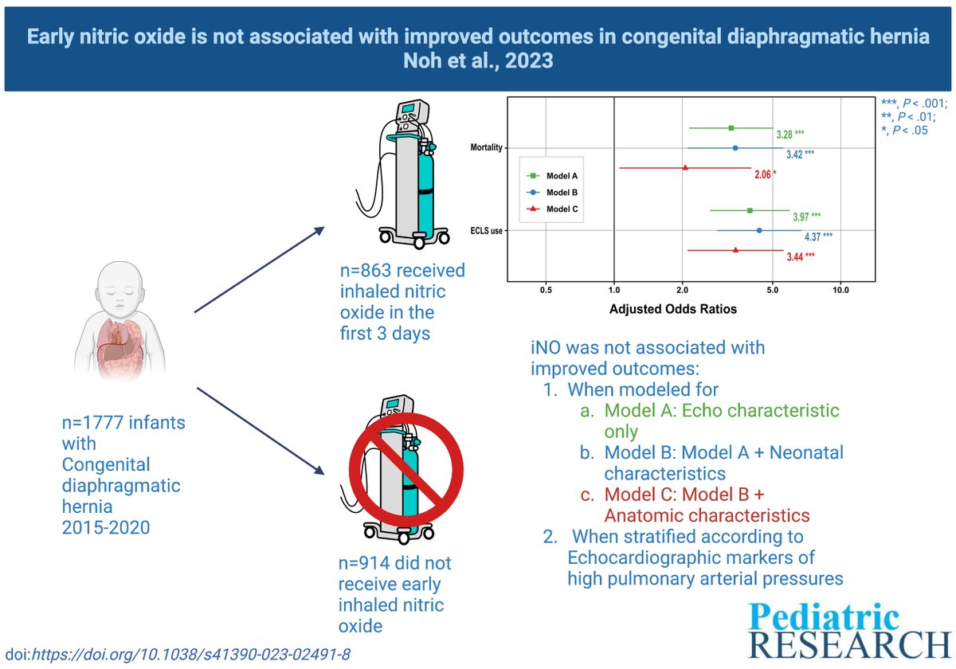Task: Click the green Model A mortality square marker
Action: tap(731, 127)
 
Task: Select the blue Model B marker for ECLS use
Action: tap(758, 230)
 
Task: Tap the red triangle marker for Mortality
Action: tap(685, 168)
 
